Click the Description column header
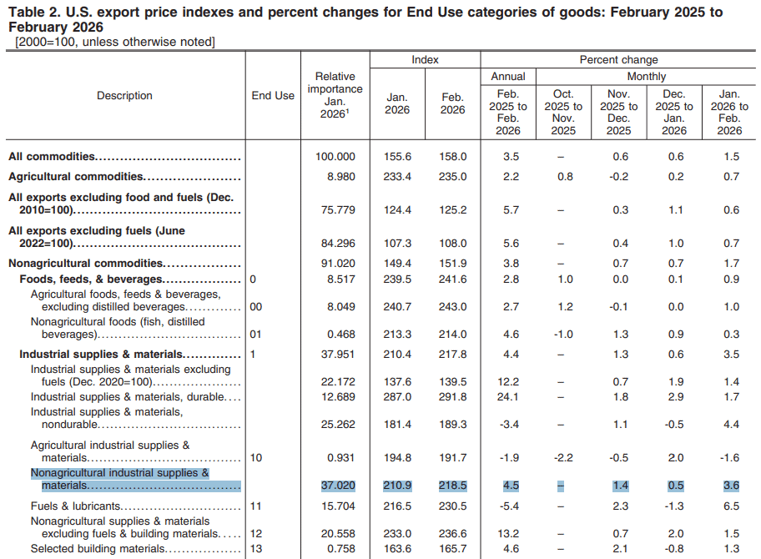(124, 95)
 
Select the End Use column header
(273, 95)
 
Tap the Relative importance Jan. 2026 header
(335, 95)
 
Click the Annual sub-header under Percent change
(507, 77)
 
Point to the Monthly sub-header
(646, 77)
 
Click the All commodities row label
(52, 157)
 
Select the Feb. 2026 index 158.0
(453, 157)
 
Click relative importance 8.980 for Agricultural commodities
(335, 177)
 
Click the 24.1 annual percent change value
(507, 397)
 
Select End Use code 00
(256, 307)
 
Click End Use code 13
(256, 549)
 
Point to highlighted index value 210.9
(397, 486)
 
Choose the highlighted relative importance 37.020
(335, 486)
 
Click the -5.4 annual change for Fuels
(507, 506)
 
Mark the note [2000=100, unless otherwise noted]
(114, 42)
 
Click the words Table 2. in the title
(31, 13)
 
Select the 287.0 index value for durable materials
(397, 397)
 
